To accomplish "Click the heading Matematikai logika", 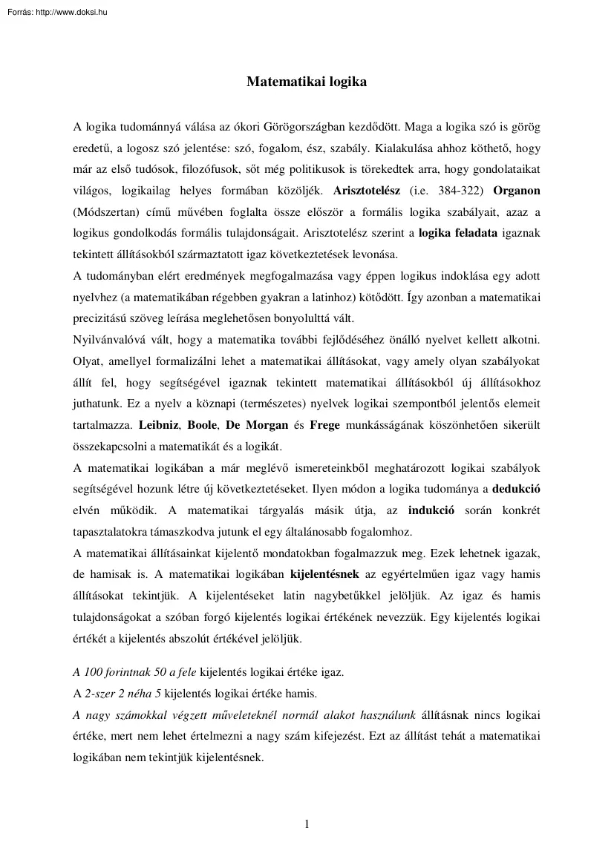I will pyautogui.click(x=307, y=82).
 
